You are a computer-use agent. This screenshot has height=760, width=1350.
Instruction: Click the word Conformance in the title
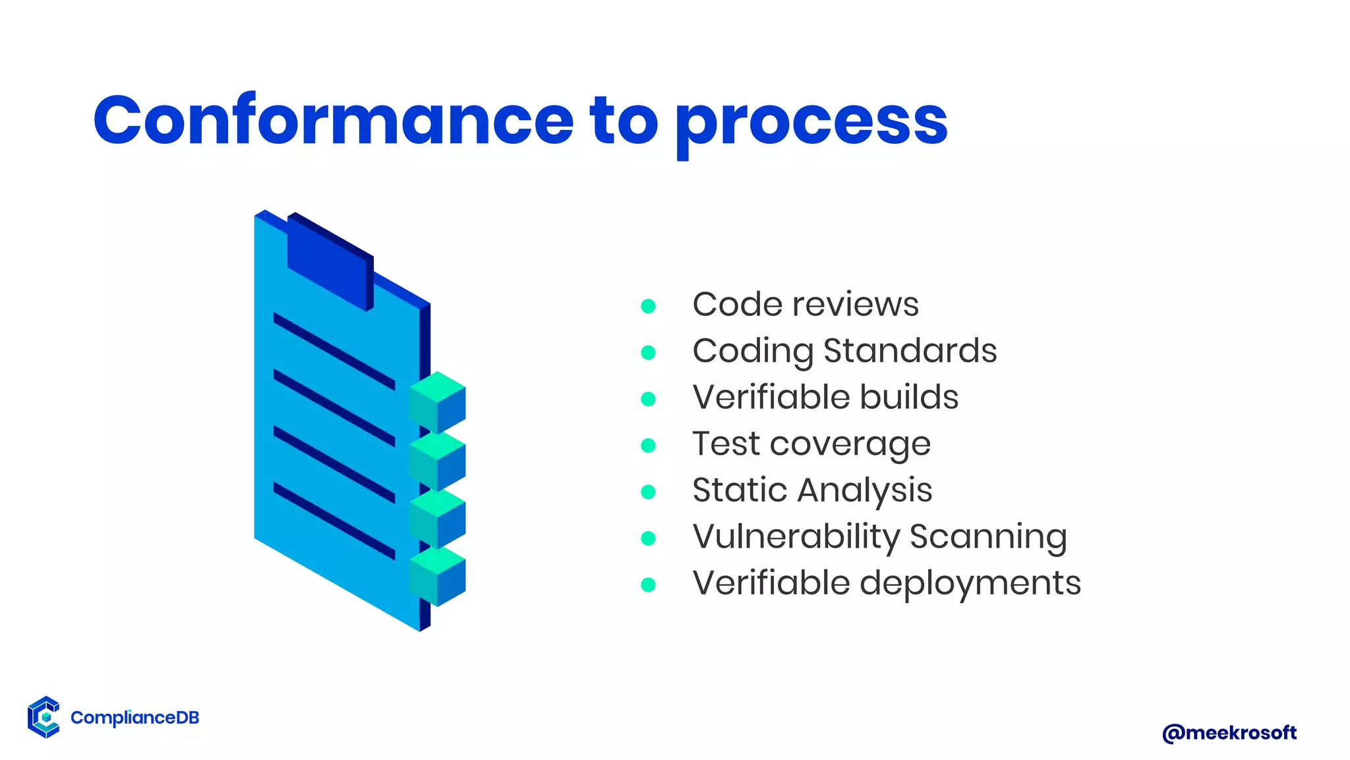[x=333, y=120]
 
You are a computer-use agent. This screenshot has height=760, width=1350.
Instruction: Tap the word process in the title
[x=811, y=122]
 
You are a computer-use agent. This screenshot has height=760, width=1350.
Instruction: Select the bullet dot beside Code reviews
[x=648, y=306]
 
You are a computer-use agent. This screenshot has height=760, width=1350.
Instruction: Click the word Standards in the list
[x=910, y=350]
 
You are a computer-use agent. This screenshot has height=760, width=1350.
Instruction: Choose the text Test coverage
[x=811, y=444]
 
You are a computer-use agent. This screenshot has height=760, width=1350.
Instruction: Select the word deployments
[x=970, y=583]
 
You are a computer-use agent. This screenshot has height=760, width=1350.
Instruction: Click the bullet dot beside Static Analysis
[x=648, y=491]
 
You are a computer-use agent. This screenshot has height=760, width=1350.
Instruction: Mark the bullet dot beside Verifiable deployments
[x=648, y=585]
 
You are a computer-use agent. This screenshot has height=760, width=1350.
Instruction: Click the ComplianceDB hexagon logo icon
[x=44, y=716]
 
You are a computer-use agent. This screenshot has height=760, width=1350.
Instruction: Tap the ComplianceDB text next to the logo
[x=134, y=718]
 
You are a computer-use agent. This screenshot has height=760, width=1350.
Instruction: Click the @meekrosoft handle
[x=1229, y=732]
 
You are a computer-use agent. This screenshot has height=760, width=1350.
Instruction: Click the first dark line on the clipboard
[x=334, y=350]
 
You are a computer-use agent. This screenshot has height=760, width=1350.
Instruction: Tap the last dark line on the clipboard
[x=334, y=521]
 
